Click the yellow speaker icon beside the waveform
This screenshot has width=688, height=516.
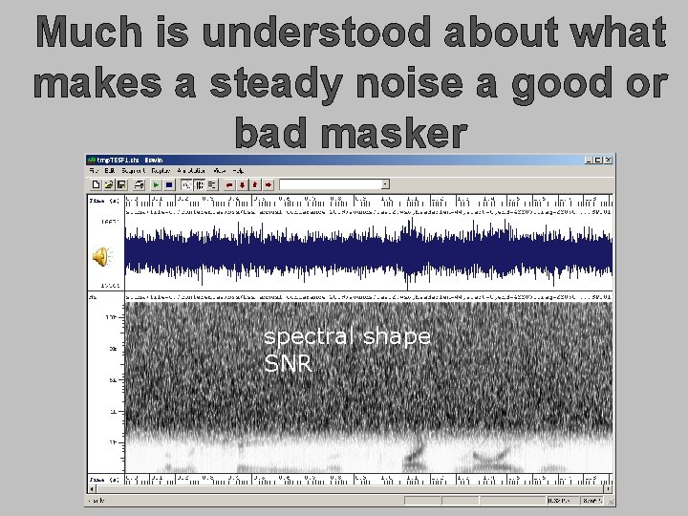tap(100, 255)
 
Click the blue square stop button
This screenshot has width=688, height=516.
tap(169, 184)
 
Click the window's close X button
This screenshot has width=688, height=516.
tap(607, 159)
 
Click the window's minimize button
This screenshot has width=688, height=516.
tap(588, 159)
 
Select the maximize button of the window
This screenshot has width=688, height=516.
tap(597, 159)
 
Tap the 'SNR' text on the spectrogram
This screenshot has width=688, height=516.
tap(288, 363)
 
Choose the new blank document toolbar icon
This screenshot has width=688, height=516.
tap(97, 184)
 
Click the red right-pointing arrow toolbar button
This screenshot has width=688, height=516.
tap(269, 184)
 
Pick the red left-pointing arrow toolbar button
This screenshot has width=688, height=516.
tap(228, 184)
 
